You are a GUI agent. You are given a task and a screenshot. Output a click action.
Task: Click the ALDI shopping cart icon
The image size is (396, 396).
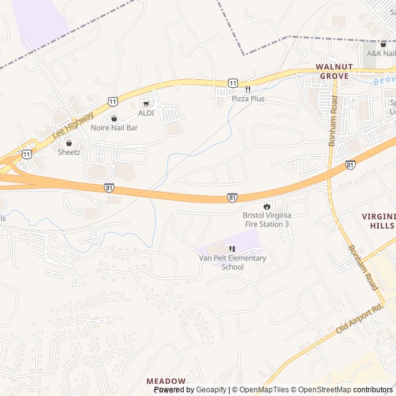(x=146, y=104)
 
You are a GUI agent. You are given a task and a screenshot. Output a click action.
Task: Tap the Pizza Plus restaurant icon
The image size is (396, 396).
(x=247, y=89)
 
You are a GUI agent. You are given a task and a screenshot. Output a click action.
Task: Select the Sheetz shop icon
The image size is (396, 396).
(x=69, y=143)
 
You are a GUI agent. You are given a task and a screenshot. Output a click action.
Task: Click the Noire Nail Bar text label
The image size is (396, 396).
(x=114, y=127)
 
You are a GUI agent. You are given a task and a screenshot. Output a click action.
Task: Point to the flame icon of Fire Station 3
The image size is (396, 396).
(x=267, y=206)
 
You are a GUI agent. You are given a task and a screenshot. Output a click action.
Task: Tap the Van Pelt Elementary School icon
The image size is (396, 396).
(x=232, y=249)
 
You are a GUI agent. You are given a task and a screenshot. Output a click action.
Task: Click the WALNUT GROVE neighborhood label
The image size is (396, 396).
(x=334, y=71)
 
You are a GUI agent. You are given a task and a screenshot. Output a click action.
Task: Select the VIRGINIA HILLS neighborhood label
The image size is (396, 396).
(x=377, y=221)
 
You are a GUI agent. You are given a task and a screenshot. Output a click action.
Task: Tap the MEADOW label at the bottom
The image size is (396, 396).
(x=166, y=381)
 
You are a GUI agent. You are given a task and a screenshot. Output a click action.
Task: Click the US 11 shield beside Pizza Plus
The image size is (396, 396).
(x=232, y=82)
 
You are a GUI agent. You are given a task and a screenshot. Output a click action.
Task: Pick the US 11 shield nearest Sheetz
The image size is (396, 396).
(x=27, y=153)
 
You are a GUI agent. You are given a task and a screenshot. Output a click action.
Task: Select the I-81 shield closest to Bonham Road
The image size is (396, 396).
(x=351, y=165)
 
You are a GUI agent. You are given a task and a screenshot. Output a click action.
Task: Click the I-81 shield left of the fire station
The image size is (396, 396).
(x=232, y=197)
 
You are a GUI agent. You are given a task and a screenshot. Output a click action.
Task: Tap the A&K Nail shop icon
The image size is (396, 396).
(x=383, y=44)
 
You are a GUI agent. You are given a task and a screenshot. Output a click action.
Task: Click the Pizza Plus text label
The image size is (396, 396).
(x=248, y=98)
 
